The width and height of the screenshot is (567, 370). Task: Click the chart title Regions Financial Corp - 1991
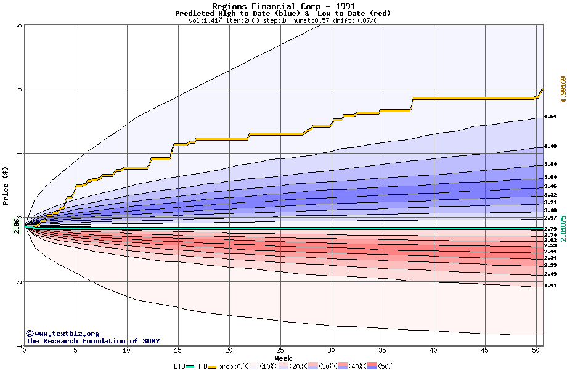283,6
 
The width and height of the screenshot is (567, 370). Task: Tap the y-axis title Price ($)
6,186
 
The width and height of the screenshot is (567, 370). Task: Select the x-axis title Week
283,358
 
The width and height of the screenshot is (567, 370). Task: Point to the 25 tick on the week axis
280,350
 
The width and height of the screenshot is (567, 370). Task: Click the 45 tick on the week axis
485,350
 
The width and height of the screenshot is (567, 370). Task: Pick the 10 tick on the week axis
127,350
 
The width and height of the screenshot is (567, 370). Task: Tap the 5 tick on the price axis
19,89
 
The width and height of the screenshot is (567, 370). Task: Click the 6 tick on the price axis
19,25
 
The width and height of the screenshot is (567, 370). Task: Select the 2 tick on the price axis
19,282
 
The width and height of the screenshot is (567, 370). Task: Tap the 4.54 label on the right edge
550,116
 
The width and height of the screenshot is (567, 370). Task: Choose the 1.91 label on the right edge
550,286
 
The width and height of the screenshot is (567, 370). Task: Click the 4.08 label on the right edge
550,146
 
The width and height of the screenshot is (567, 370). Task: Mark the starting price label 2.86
17,227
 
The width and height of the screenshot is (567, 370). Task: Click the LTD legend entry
180,366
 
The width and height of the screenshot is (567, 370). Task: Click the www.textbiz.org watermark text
62,334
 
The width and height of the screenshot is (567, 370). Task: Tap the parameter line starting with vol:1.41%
283,20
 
